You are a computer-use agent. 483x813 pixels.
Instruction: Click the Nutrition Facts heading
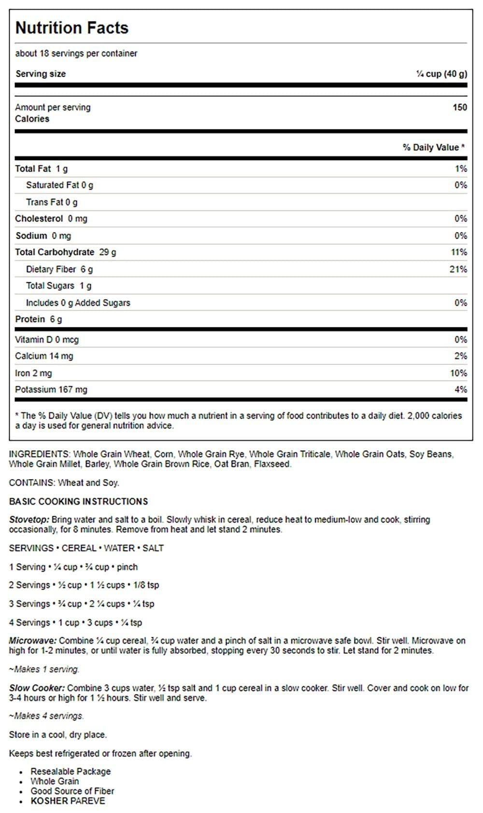tap(72, 28)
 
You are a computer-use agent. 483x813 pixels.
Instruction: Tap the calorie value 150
tap(459, 107)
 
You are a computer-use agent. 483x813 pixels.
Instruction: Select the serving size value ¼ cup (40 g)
tap(441, 74)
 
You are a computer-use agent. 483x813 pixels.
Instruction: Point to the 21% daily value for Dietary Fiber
tap(458, 269)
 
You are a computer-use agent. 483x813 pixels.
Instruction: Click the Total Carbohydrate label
tap(55, 252)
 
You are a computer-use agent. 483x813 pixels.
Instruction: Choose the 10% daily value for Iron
tap(458, 373)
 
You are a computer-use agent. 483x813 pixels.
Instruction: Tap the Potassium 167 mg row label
tap(51, 389)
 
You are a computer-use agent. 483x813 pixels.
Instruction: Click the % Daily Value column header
tap(433, 147)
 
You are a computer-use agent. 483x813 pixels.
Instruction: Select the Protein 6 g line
tap(39, 319)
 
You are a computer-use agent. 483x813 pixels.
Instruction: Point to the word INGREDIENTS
tap(39, 454)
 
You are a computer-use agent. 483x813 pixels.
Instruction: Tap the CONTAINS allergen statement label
tap(31, 482)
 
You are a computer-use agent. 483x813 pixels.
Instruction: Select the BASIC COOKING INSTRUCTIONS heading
tap(78, 501)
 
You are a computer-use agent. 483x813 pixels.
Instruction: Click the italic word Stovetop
tap(28, 520)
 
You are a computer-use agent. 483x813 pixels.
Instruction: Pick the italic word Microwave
tap(32, 641)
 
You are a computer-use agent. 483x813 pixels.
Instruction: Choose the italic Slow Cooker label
tap(37, 688)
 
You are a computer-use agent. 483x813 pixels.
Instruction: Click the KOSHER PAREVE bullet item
tap(68, 800)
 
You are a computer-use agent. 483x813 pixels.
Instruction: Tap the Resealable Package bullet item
tap(71, 771)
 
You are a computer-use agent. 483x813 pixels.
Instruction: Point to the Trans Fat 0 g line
tap(52, 202)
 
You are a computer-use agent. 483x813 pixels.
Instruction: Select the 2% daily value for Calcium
tap(460, 356)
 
